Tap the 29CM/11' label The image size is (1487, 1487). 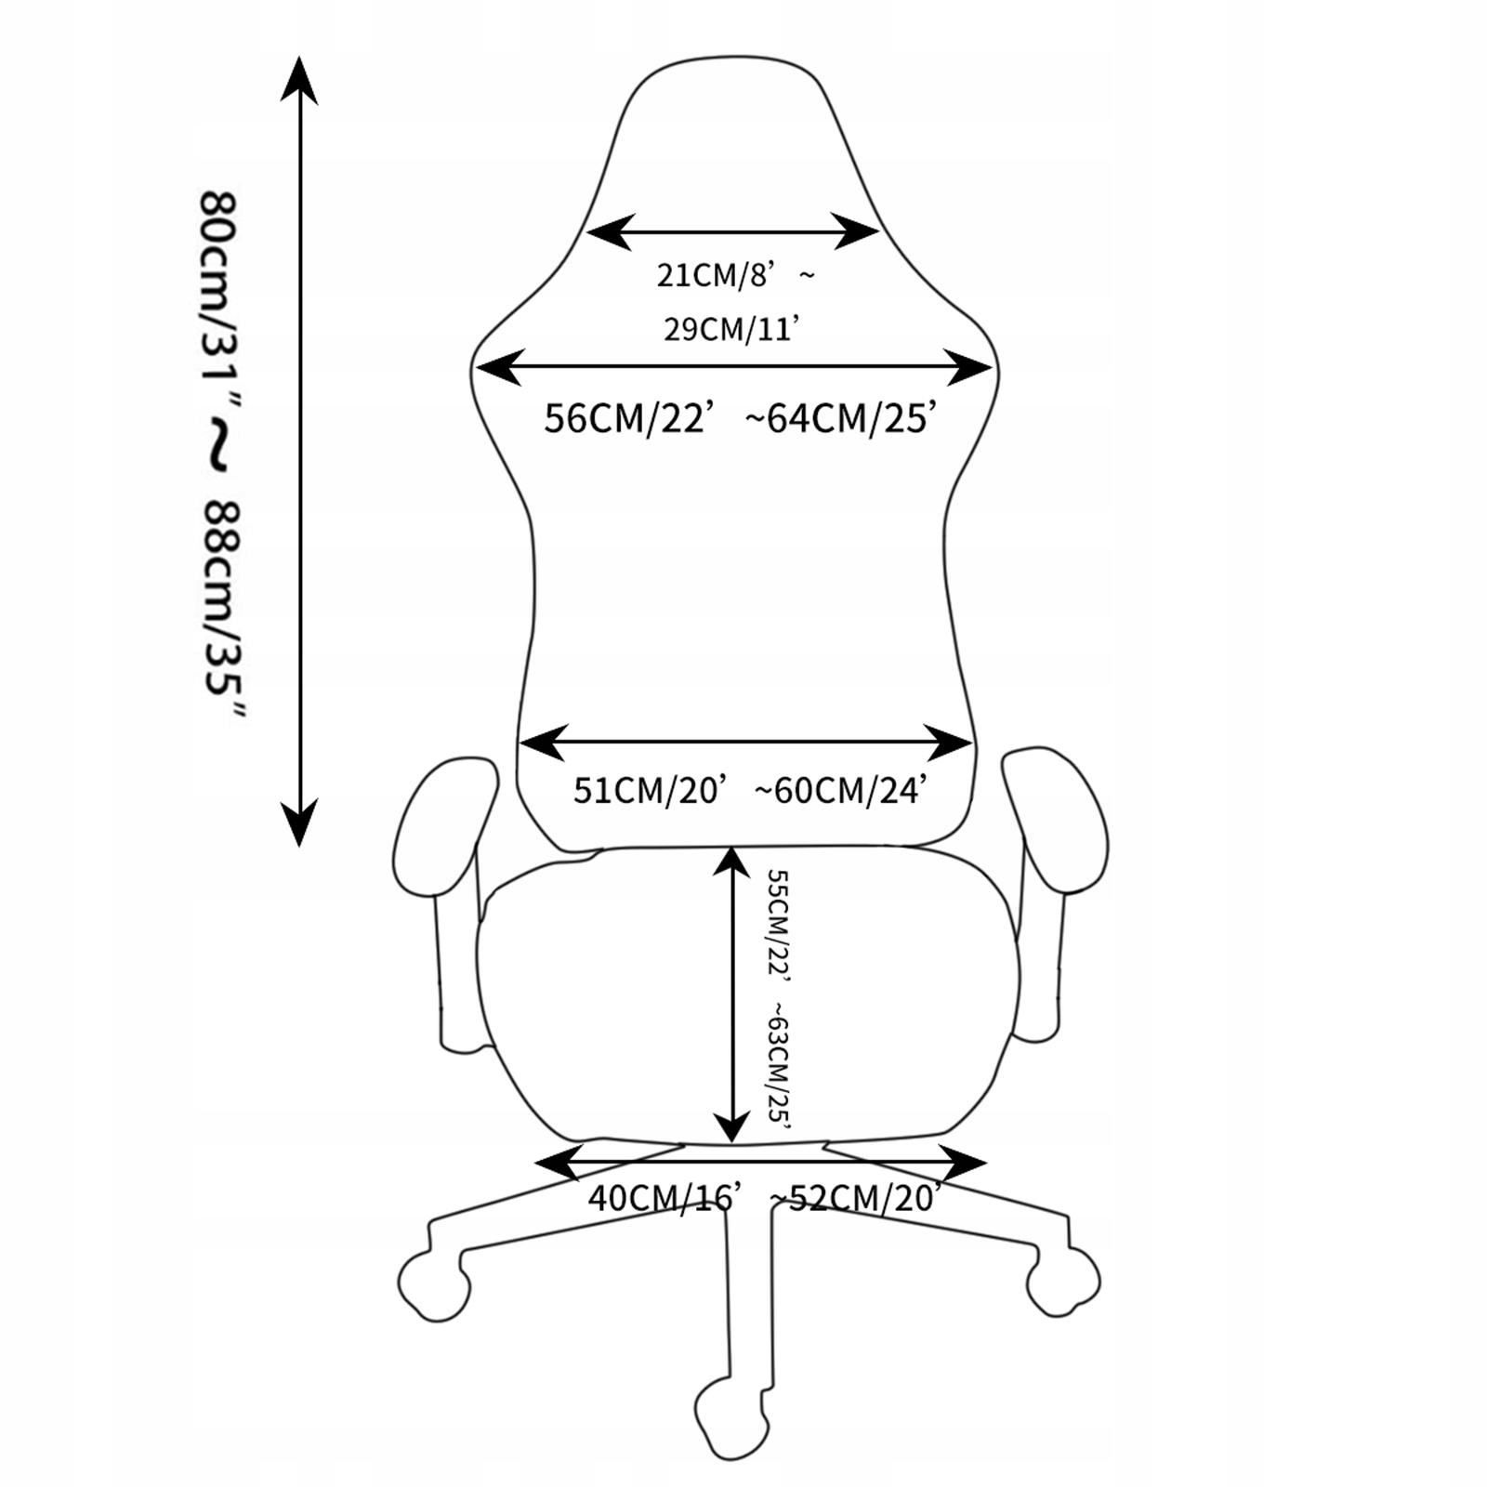(x=731, y=329)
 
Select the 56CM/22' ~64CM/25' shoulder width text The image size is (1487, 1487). (x=736, y=418)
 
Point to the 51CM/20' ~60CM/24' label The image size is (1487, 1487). (x=747, y=790)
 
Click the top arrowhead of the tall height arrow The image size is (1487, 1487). (x=299, y=79)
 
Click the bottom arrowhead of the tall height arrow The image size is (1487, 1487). (x=299, y=823)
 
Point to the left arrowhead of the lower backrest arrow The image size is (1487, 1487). (x=542, y=743)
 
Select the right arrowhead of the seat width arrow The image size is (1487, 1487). (x=963, y=1162)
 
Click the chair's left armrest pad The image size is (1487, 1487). (x=446, y=825)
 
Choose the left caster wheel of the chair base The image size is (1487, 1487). (x=433, y=1285)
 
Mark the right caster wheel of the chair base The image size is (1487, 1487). (x=1063, y=1282)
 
